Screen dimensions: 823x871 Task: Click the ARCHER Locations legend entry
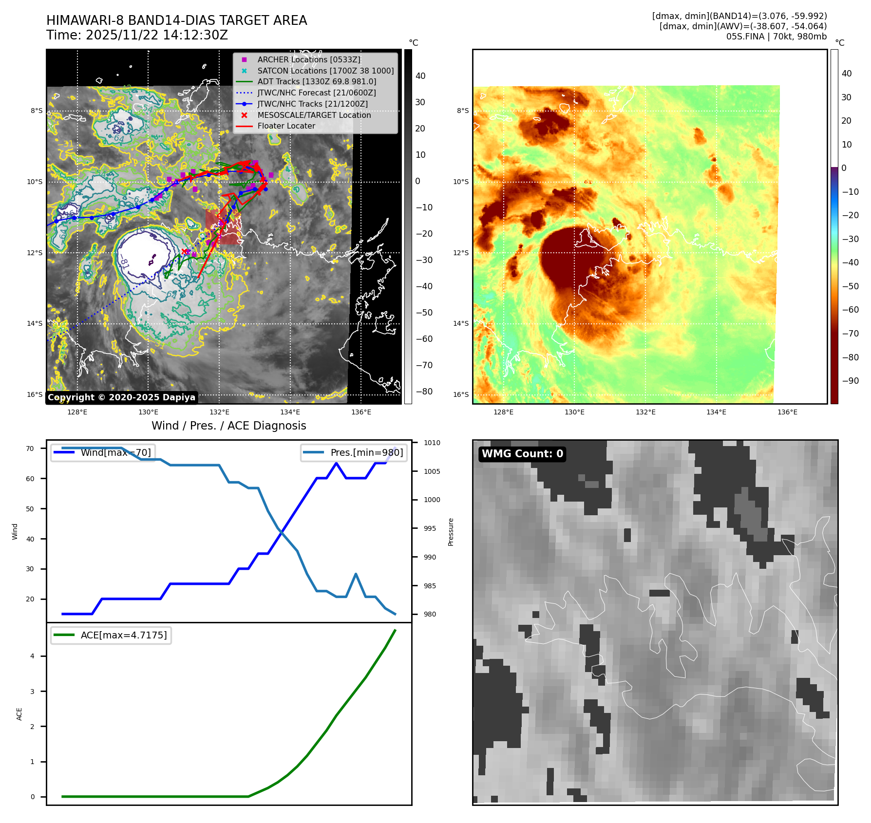309,59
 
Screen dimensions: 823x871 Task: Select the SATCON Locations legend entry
325,71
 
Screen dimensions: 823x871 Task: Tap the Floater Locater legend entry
286,126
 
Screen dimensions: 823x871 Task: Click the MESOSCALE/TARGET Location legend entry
314,115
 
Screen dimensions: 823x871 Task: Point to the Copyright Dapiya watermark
122,397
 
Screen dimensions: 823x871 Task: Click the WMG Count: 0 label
522,454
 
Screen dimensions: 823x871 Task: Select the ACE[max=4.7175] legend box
111,635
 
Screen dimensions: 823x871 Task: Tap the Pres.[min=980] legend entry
354,452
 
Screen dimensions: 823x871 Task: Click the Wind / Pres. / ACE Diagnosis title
229,426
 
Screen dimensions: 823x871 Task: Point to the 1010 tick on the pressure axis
432,443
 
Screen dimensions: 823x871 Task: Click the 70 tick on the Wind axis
30,449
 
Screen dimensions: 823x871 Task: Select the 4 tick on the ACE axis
33,656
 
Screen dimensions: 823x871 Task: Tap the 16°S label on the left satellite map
35,394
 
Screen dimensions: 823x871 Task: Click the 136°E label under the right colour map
787,412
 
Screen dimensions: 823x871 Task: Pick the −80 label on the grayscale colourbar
424,392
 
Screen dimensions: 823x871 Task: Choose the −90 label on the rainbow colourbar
850,381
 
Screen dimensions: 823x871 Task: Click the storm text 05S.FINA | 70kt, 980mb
776,37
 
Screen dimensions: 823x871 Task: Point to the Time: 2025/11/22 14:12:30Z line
137,35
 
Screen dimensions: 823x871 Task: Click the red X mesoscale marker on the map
184,252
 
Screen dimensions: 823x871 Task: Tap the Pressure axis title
451,532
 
